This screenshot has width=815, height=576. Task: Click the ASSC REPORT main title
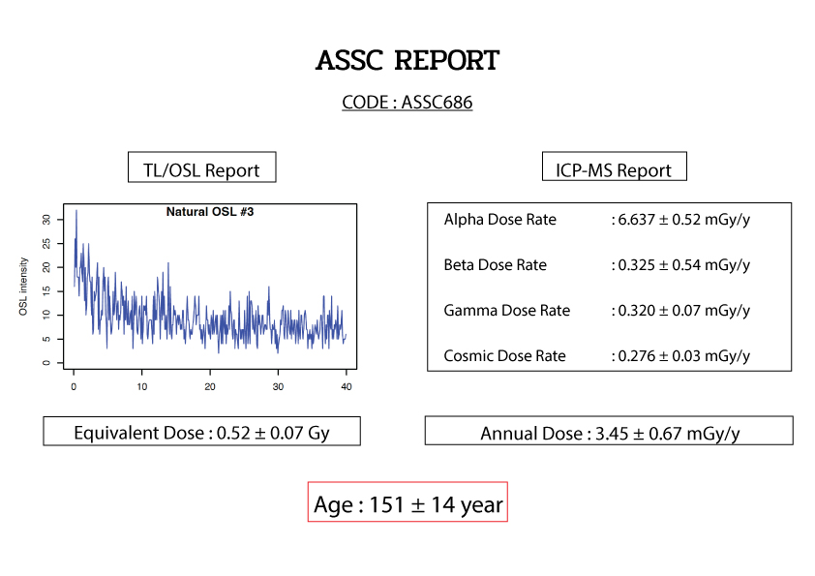(x=407, y=60)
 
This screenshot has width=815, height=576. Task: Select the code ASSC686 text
(x=437, y=102)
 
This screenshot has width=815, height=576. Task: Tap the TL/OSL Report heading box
(x=201, y=167)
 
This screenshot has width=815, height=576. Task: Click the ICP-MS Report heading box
(x=615, y=167)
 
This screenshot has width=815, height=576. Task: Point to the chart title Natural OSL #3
(x=210, y=212)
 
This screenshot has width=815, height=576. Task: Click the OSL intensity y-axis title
(x=23, y=287)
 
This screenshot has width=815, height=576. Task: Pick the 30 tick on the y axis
(x=46, y=220)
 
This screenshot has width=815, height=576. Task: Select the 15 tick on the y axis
(x=46, y=291)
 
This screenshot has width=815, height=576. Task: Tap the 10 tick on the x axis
(x=142, y=386)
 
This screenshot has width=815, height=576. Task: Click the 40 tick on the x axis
(x=347, y=386)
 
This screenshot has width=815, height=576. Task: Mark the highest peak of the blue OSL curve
(x=76, y=210)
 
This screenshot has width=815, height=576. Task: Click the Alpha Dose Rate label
(x=500, y=220)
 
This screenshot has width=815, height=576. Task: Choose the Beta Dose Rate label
(x=496, y=264)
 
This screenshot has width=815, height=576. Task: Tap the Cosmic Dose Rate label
(x=504, y=355)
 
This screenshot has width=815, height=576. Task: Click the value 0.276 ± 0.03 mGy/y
(x=684, y=355)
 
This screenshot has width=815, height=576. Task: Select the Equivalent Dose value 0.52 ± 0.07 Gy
(x=273, y=433)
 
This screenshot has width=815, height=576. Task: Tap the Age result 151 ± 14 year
(x=437, y=504)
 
